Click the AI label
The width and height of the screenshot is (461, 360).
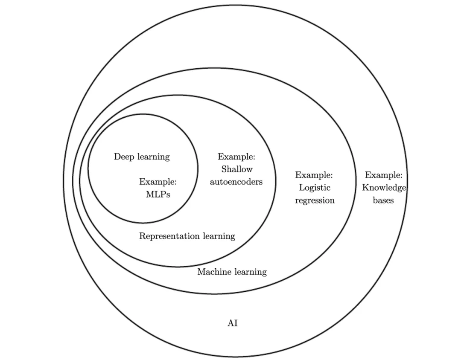click(232, 323)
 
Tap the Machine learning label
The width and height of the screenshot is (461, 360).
click(232, 272)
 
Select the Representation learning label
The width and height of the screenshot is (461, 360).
click(187, 236)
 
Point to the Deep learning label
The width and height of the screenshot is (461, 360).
click(142, 157)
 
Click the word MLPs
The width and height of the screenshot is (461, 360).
click(158, 195)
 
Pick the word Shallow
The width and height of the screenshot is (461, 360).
click(237, 169)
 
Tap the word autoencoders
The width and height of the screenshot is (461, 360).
click(236, 182)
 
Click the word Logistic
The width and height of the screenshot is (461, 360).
click(315, 188)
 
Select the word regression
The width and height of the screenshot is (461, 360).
click(315, 200)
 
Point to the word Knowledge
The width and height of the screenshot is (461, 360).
click(384, 187)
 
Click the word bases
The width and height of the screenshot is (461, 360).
click(383, 200)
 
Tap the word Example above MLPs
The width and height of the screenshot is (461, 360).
click(158, 182)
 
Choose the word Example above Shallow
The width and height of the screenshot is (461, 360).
click(236, 157)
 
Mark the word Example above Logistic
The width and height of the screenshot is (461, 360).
click(314, 175)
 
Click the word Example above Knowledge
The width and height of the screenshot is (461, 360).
click(383, 175)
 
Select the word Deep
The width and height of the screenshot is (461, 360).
click(123, 157)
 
